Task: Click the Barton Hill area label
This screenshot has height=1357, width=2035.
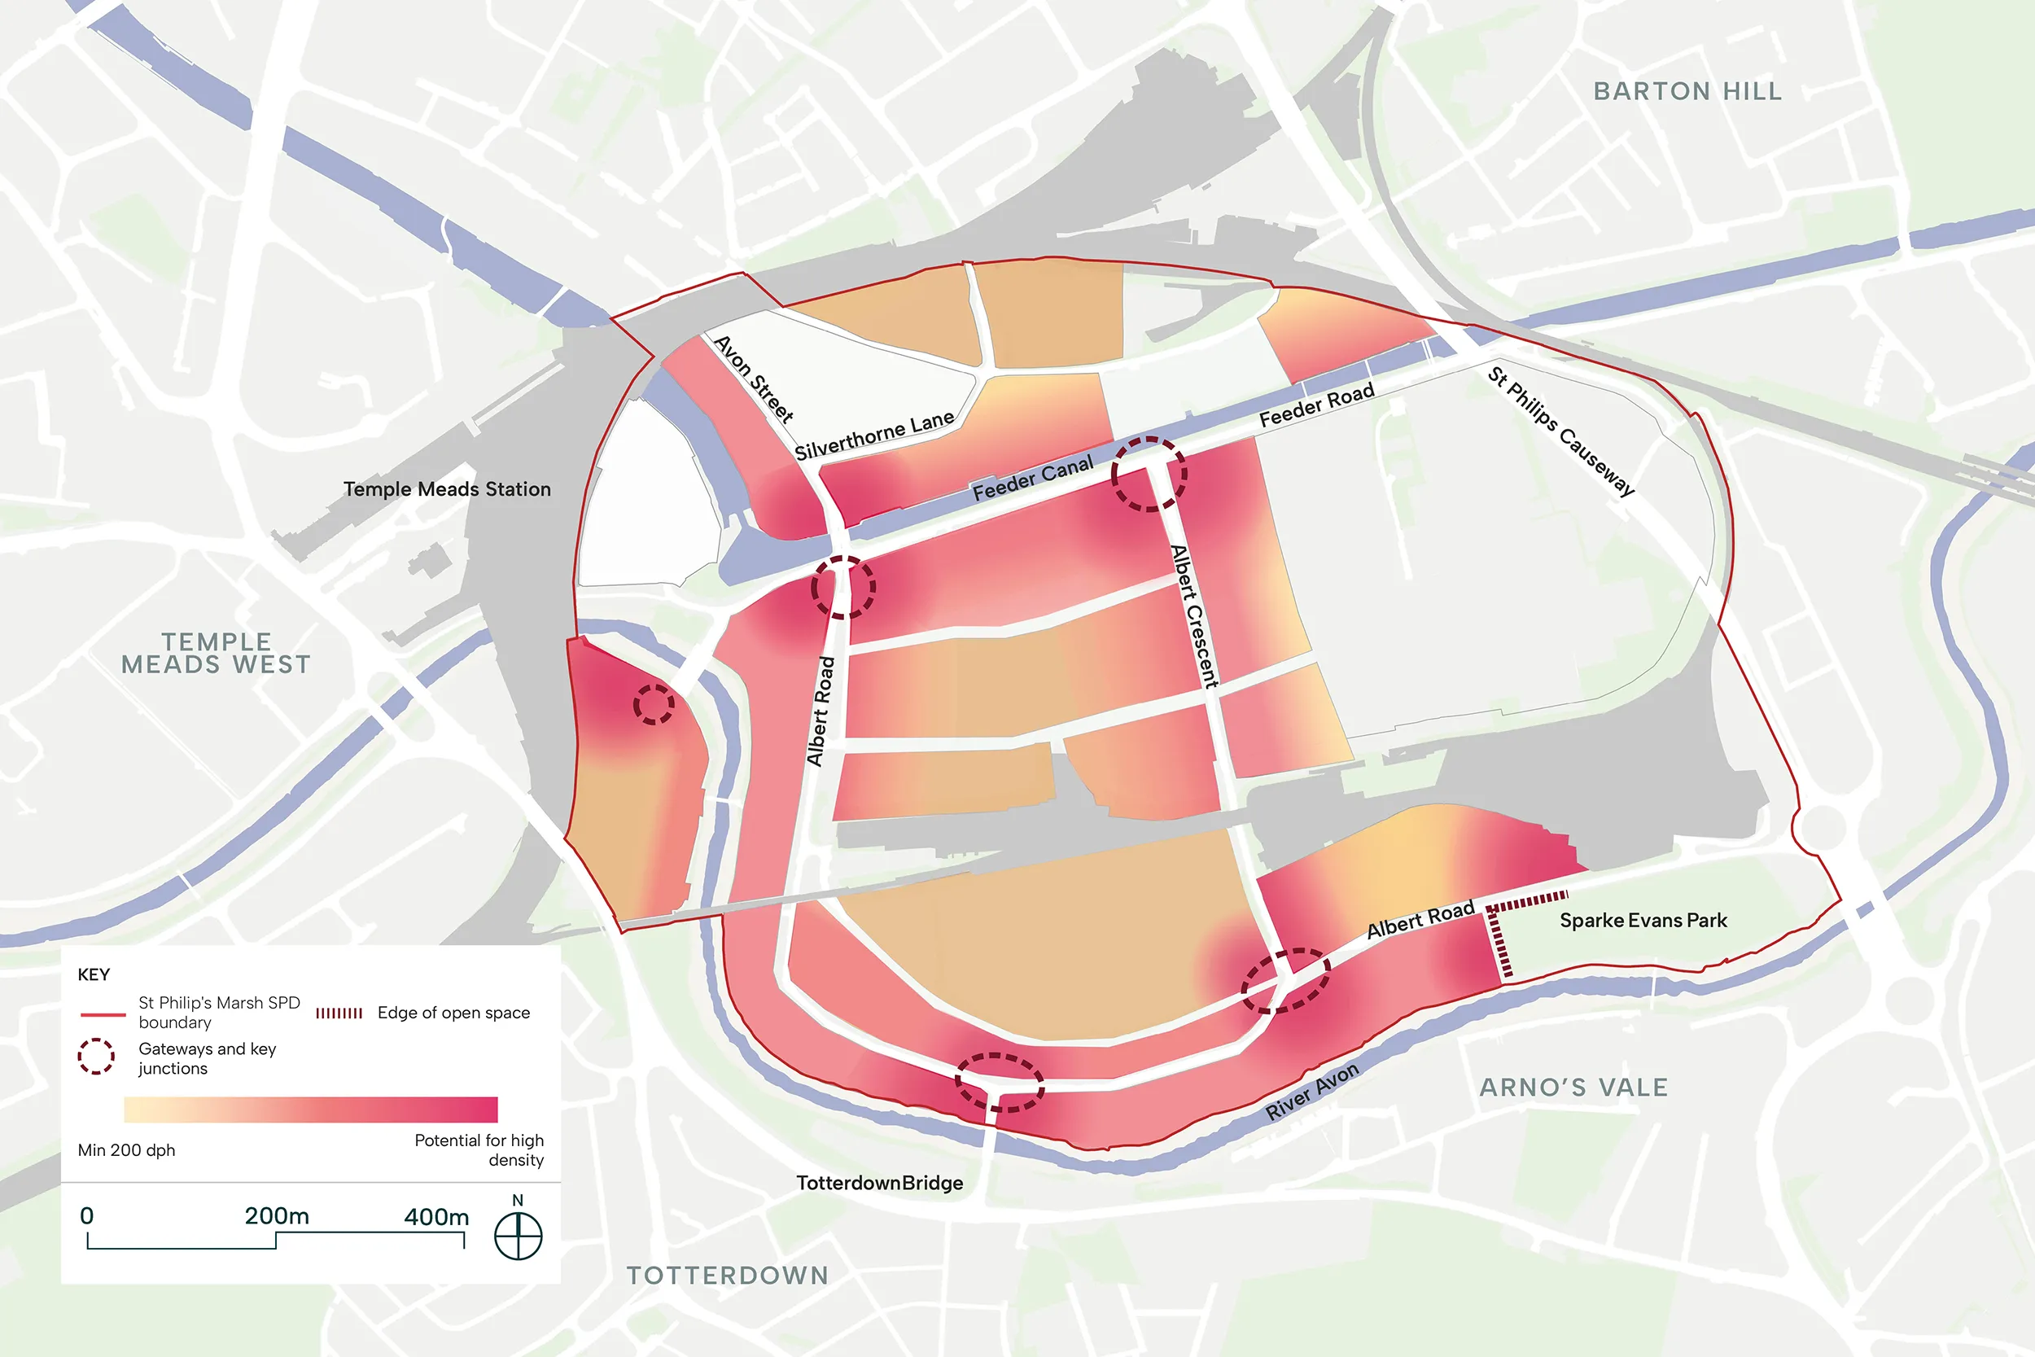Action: pos(1687,91)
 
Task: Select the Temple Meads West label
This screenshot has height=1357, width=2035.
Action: pos(216,654)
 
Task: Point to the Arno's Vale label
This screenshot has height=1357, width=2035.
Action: pos(1573,1087)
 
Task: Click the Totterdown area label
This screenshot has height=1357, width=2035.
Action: pos(728,1275)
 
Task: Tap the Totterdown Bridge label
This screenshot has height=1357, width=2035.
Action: pos(879,1183)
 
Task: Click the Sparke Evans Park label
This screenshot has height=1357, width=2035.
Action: pos(1643,920)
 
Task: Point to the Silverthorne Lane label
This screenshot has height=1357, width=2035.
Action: pos(874,436)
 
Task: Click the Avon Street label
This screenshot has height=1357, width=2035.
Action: pos(754,379)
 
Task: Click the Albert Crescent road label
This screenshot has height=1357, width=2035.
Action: pos(1193,616)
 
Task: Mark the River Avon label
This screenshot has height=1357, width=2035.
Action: pos(1311,1092)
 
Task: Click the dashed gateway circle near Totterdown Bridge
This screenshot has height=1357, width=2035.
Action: pos(1000,1082)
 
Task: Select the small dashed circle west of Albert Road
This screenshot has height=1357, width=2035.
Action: pos(654,703)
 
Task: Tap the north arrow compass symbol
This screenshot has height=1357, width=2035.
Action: pos(518,1235)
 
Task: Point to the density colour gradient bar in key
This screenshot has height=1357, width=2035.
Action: pos(311,1110)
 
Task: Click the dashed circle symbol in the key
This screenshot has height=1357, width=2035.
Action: pos(96,1056)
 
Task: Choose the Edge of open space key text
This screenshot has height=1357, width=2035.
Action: pos(453,1013)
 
